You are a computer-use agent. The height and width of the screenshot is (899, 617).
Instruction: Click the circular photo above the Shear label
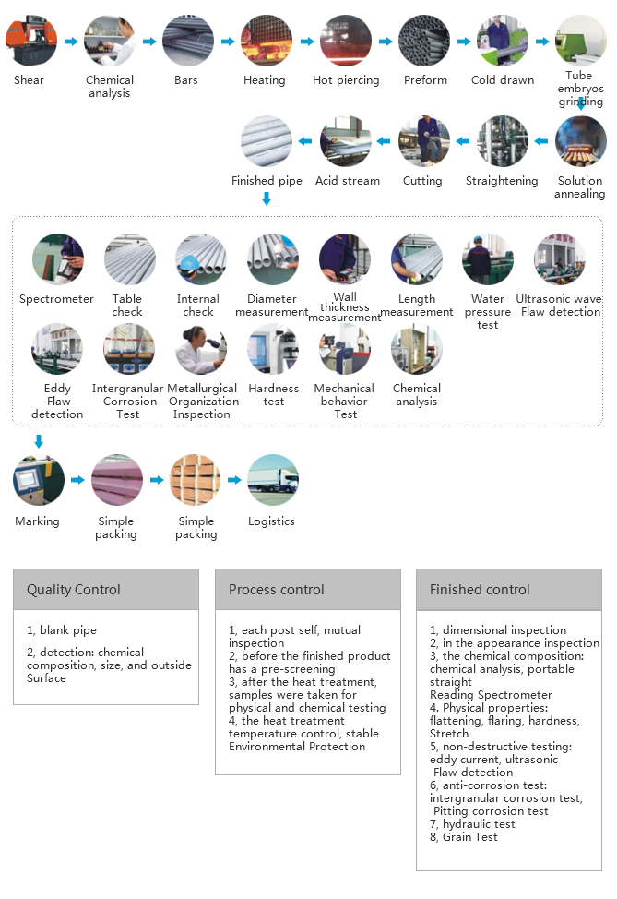click(31, 41)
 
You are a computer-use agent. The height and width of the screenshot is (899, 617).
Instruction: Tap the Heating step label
click(264, 80)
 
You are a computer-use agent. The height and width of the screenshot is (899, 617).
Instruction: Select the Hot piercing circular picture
click(346, 41)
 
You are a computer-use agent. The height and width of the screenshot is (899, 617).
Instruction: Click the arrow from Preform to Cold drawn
click(464, 42)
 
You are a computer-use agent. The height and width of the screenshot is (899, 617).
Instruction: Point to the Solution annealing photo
click(580, 141)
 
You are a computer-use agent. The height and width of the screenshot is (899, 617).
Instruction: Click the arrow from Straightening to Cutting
click(462, 141)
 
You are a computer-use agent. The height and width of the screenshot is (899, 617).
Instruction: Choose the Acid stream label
click(347, 181)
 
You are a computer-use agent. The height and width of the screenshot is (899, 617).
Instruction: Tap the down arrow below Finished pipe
click(267, 198)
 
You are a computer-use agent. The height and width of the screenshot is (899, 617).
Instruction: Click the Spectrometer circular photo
click(58, 259)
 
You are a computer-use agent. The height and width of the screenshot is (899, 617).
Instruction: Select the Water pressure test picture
click(488, 259)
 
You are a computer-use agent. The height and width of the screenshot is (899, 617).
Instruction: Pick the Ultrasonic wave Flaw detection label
click(559, 305)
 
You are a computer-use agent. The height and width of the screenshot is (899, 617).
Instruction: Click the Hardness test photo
click(273, 349)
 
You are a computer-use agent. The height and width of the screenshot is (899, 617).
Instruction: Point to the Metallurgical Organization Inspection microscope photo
click(201, 349)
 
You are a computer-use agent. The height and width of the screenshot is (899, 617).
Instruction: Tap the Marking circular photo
click(39, 480)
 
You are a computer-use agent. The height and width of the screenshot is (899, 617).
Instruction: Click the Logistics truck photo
click(273, 480)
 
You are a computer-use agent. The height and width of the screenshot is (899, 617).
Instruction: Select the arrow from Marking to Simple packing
click(77, 480)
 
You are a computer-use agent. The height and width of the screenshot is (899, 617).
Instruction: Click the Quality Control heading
click(74, 590)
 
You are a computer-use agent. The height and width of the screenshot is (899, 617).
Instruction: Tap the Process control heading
click(276, 590)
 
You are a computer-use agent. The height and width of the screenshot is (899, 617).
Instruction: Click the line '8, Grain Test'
click(464, 837)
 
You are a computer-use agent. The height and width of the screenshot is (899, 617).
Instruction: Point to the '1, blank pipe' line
click(61, 630)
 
